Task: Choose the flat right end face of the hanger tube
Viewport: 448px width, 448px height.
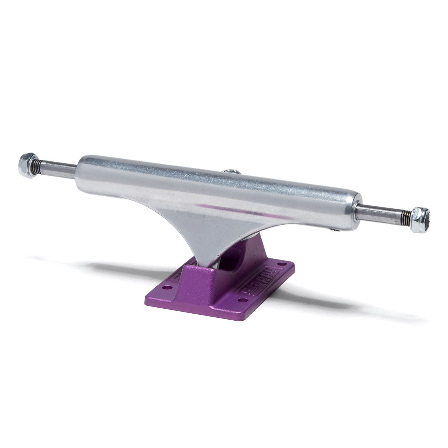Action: [x=359, y=211]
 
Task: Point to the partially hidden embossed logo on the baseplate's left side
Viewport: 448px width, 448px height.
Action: [x=177, y=277]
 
